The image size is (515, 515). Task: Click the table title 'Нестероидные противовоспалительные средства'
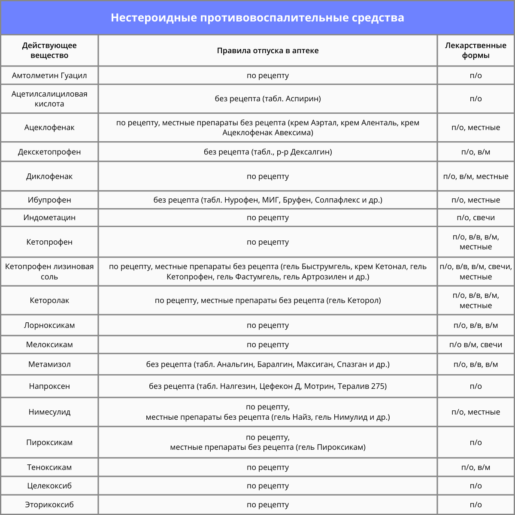[x=257, y=18]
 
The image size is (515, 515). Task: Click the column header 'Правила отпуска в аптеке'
[x=267, y=51]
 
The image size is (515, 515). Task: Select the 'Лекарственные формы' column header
[x=476, y=51]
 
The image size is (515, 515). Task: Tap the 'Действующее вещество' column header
[x=49, y=51]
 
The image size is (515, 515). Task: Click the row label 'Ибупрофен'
[x=49, y=200]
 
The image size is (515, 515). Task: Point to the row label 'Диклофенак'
[x=49, y=176]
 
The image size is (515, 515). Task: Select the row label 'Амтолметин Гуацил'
[x=49, y=76]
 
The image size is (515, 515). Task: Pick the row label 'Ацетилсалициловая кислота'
[x=49, y=99]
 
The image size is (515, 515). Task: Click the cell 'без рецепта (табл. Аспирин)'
[x=267, y=99]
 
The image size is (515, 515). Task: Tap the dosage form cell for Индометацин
[x=476, y=218]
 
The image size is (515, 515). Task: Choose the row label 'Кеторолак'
[x=49, y=300]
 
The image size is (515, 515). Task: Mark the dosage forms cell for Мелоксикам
[x=476, y=345]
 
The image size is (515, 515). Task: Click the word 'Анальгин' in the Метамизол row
[x=235, y=364]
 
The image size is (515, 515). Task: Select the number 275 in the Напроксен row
[x=379, y=386]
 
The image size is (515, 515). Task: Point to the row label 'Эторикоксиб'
[x=49, y=505]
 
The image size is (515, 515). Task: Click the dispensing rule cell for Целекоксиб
[x=267, y=486]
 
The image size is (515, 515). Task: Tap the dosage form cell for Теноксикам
[x=476, y=467]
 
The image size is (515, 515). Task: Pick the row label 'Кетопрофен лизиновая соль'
[x=49, y=272]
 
